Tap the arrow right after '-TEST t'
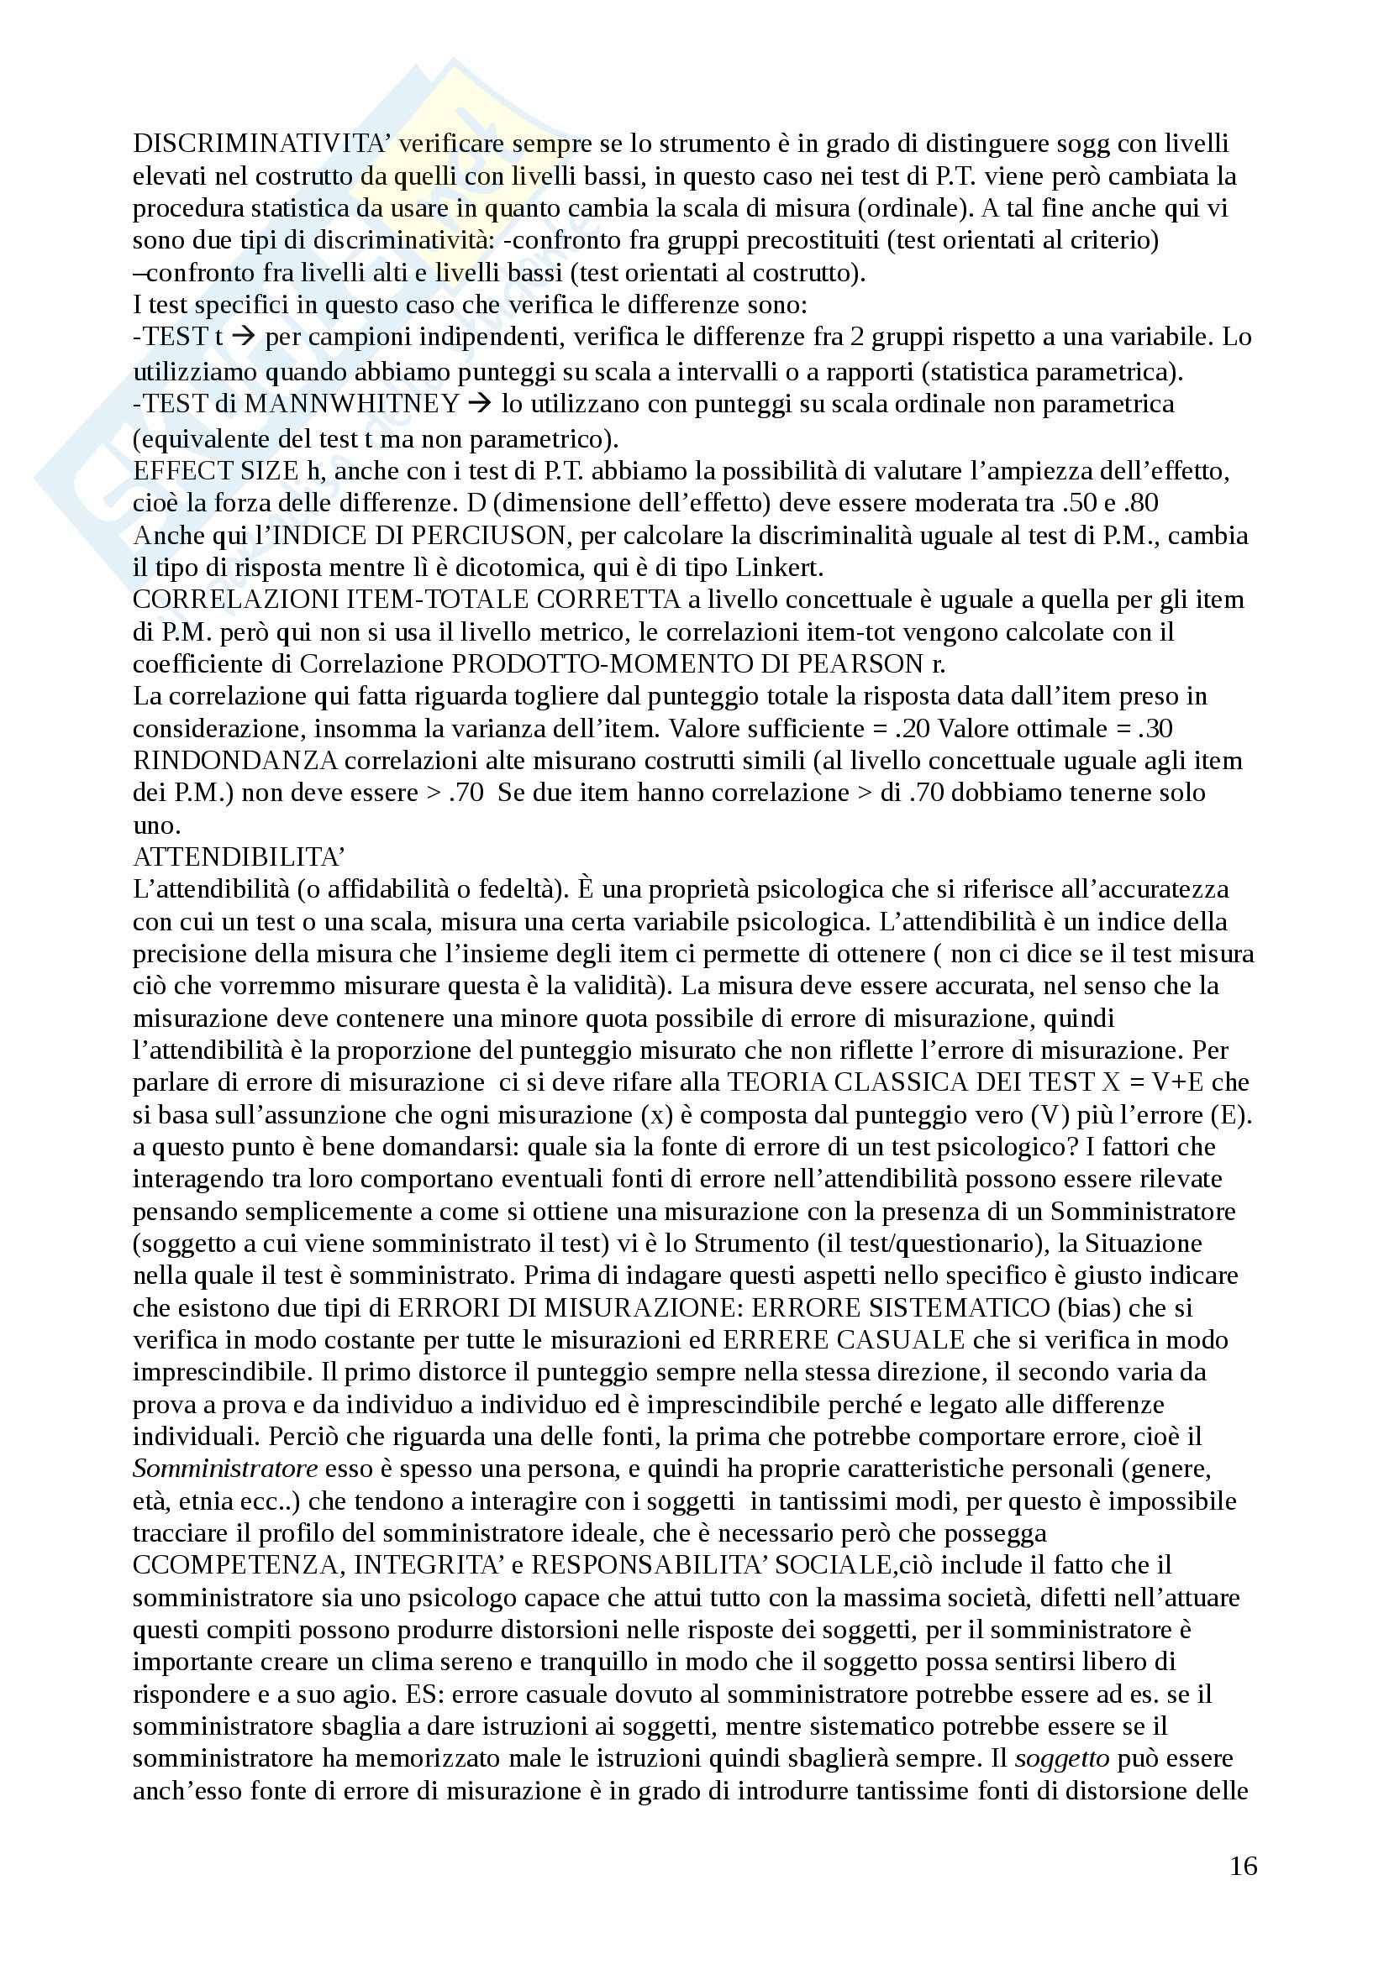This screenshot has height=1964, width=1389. pyautogui.click(x=244, y=337)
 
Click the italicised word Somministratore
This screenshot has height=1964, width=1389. pyautogui.click(x=225, y=1469)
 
